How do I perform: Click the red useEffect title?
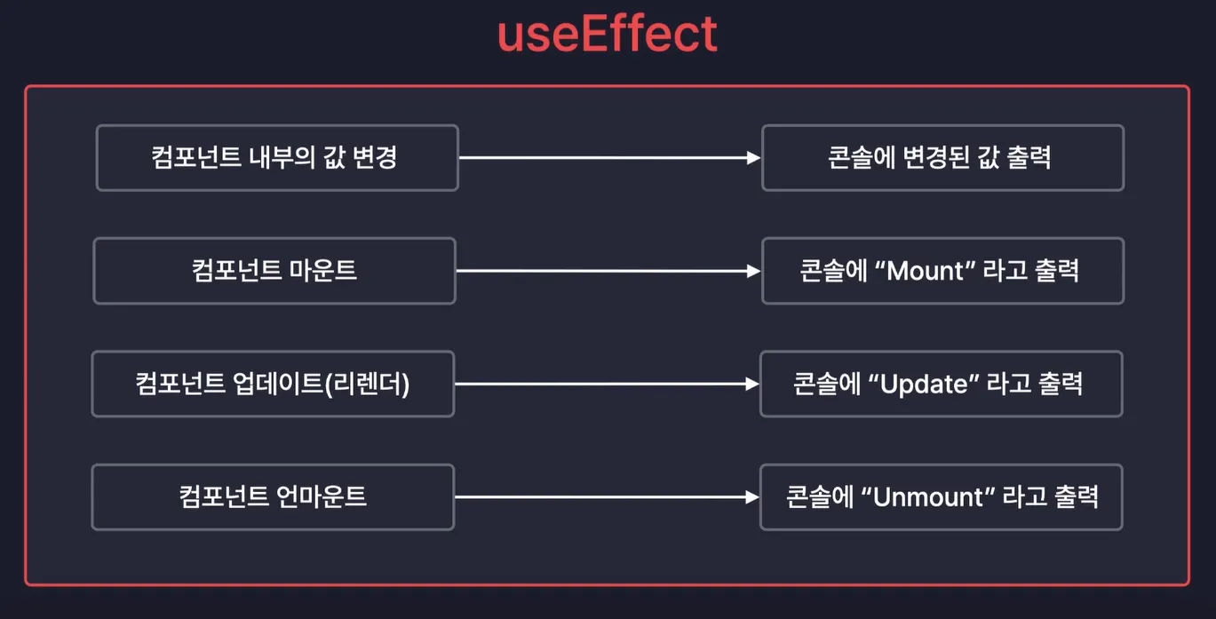point(608,34)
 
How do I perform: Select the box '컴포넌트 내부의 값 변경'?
point(277,158)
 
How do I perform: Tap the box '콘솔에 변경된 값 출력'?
point(942,158)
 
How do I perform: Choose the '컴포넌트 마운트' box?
point(274,270)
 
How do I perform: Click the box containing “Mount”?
point(942,270)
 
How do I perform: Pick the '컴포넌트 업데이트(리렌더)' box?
point(273,384)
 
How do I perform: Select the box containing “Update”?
point(941,384)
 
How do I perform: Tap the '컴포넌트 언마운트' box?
point(273,496)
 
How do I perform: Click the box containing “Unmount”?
point(941,496)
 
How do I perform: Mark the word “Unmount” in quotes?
point(930,496)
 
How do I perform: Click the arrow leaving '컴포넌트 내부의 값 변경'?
point(609,158)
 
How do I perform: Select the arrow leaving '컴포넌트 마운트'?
point(608,270)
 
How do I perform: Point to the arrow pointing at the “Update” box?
point(606,384)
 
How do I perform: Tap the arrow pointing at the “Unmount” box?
point(606,497)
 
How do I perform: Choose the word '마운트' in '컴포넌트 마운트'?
point(323,270)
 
